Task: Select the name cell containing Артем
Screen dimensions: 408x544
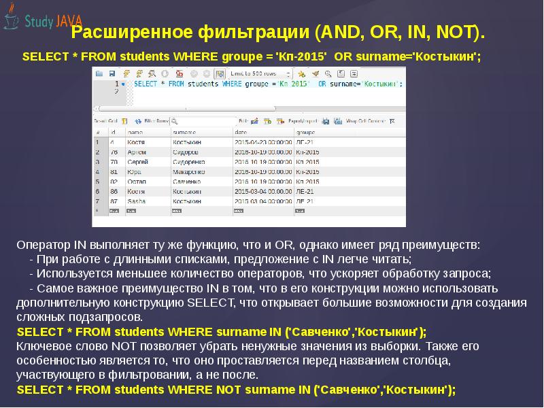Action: tap(137, 152)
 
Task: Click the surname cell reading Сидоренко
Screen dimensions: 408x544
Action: tap(188, 162)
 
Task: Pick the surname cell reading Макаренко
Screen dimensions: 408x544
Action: tap(188, 172)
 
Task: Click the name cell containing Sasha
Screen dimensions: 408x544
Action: tap(137, 202)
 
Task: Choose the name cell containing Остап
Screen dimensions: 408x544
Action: tap(137, 182)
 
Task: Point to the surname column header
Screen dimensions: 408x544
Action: tap(184, 132)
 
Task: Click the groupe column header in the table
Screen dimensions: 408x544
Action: tap(307, 132)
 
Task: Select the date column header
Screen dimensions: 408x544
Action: tap(241, 132)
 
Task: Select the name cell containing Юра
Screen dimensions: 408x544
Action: tap(135, 172)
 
